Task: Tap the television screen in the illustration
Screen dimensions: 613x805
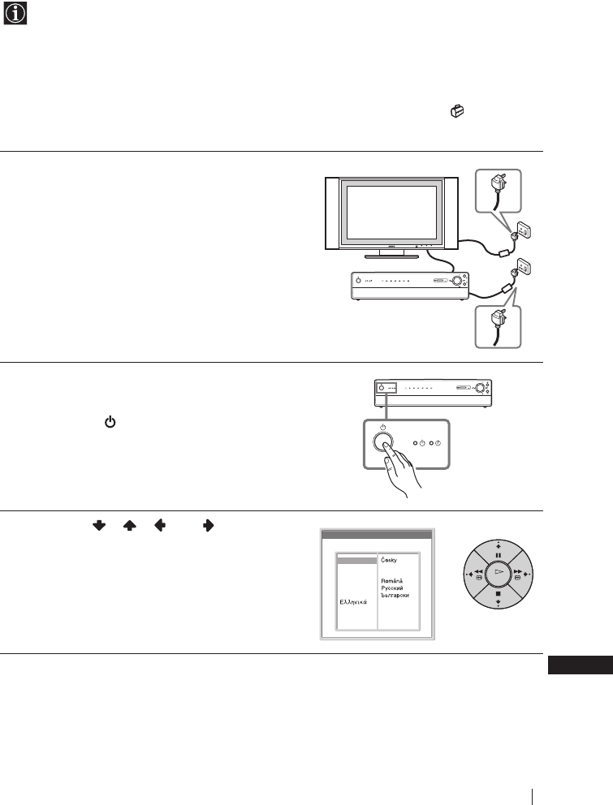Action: point(391,213)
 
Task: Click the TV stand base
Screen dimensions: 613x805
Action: point(391,255)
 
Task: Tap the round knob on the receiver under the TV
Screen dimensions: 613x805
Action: point(460,282)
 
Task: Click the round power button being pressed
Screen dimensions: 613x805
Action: point(385,443)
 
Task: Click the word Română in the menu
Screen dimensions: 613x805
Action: point(394,580)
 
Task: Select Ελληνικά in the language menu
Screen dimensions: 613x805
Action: point(354,602)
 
